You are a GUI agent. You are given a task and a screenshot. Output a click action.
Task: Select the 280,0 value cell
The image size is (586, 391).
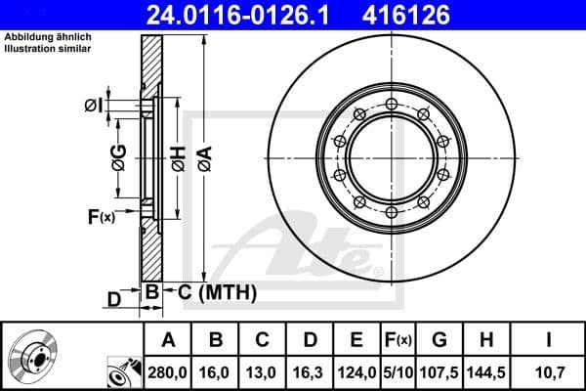[168, 371]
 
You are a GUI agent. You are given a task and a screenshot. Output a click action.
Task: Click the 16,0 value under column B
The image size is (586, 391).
[216, 371]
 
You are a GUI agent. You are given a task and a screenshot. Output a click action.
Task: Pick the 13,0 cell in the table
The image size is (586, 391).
[262, 371]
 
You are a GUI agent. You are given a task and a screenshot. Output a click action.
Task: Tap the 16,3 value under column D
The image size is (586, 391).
[309, 371]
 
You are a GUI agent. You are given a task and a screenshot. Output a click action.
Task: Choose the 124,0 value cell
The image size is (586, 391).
[356, 371]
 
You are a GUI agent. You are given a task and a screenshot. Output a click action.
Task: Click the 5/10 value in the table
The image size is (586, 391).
[398, 371]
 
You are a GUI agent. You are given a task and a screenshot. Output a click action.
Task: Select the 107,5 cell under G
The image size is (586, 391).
[439, 371]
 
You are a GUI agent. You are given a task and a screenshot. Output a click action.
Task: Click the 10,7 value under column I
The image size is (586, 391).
[550, 371]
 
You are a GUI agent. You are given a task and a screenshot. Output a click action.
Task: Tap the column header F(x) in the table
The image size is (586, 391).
[398, 341]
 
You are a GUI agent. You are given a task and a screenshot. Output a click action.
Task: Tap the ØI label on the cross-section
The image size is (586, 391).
[92, 106]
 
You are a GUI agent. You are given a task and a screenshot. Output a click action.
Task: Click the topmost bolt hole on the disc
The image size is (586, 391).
[391, 105]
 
